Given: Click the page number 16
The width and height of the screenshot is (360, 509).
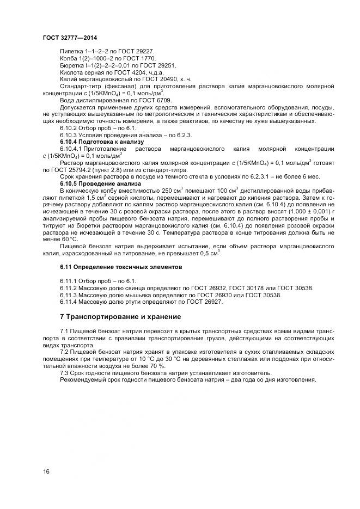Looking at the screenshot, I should [46, 471].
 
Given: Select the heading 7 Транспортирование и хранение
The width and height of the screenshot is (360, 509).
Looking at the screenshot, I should [120, 316].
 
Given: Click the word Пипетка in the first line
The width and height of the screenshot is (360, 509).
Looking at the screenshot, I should [70, 51].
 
